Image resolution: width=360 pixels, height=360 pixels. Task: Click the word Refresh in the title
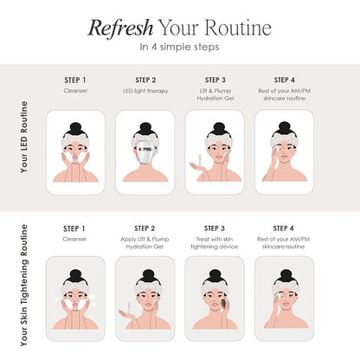tap(120, 29)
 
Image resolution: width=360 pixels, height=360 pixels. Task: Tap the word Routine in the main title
tap(238, 28)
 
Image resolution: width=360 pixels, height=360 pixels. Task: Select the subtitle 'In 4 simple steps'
tap(179, 47)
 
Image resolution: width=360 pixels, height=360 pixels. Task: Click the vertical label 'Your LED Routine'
tap(24, 137)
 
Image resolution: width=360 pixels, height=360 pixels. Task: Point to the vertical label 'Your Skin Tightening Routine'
tap(24, 285)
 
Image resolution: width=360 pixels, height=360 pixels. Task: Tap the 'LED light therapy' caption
tap(145, 91)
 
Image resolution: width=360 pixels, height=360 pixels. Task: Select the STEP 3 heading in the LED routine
tap(215, 80)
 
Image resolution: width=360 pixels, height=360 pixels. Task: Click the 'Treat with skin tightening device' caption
tap(215, 243)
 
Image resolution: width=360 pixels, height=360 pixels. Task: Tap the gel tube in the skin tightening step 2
tap(129, 306)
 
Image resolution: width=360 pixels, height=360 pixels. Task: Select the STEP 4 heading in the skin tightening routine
tap(284, 228)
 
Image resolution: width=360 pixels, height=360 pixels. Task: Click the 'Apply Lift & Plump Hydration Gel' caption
tap(145, 243)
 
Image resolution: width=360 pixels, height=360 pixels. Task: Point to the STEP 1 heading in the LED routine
tap(75, 80)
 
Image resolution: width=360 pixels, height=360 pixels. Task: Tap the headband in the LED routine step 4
tap(285, 141)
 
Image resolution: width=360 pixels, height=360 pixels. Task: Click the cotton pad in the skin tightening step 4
tap(279, 295)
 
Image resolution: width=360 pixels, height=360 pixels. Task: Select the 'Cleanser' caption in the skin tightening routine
tap(74, 239)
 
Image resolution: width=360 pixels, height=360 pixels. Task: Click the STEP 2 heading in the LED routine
tap(145, 80)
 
